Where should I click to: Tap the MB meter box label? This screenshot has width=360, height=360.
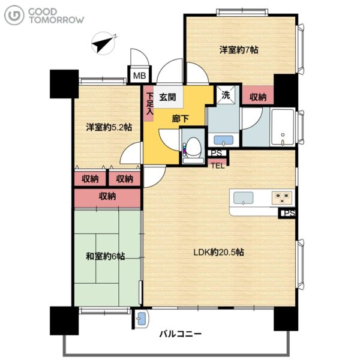[x=140, y=76]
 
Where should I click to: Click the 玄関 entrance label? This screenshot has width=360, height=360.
[x=168, y=97]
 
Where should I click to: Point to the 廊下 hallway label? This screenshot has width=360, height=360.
[x=181, y=119]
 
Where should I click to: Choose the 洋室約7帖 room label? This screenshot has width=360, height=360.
[x=239, y=50]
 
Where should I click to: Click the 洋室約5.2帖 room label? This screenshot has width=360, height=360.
[x=109, y=127]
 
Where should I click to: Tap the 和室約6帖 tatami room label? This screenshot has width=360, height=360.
[x=106, y=256]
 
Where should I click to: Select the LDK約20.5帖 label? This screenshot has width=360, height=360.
[x=218, y=253]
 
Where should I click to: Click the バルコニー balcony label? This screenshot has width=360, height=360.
[x=181, y=334]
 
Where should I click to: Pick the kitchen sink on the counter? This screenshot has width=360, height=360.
[x=244, y=198]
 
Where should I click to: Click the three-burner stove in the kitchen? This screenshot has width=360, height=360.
[x=283, y=198]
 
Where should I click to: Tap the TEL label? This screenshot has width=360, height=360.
[x=218, y=166]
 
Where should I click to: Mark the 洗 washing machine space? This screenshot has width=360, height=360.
[x=226, y=95]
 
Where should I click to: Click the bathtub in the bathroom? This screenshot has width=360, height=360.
[x=283, y=127]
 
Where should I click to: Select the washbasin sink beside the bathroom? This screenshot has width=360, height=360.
[x=223, y=140]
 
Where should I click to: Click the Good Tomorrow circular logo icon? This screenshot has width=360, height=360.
[x=14, y=15]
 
